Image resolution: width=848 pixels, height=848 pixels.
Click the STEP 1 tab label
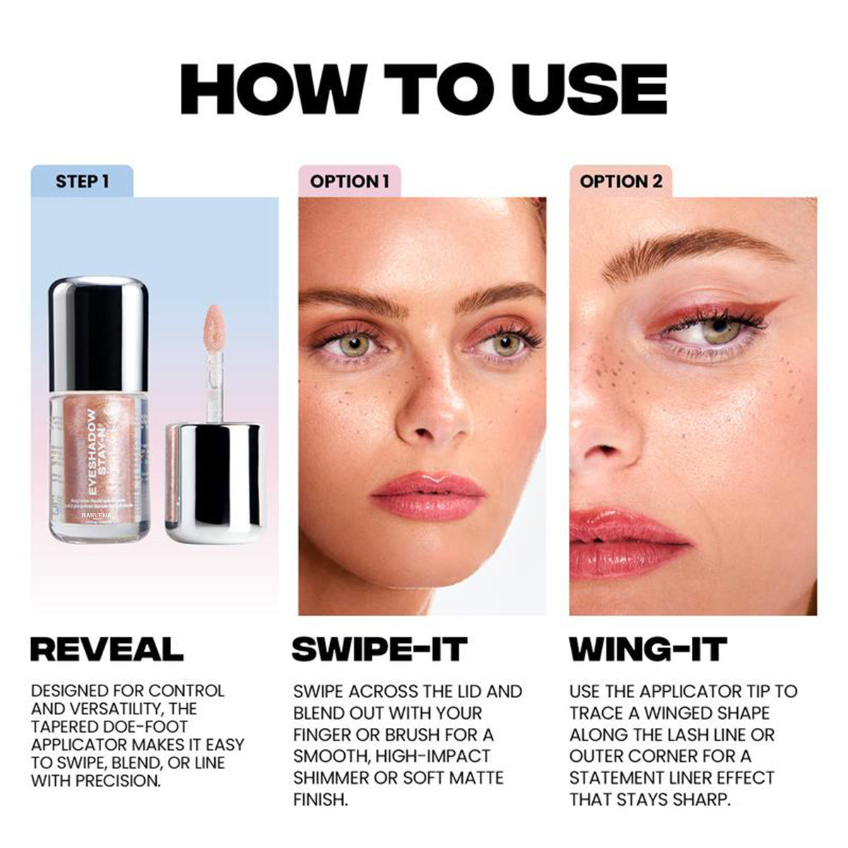tap(82, 182)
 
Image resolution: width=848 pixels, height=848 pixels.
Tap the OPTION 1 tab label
tap(349, 182)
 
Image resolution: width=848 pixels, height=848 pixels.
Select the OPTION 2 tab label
tap(620, 182)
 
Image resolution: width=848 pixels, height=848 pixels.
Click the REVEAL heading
tap(107, 649)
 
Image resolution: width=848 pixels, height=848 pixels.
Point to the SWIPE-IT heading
tap(379, 649)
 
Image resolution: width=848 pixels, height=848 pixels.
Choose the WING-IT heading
tap(648, 649)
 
